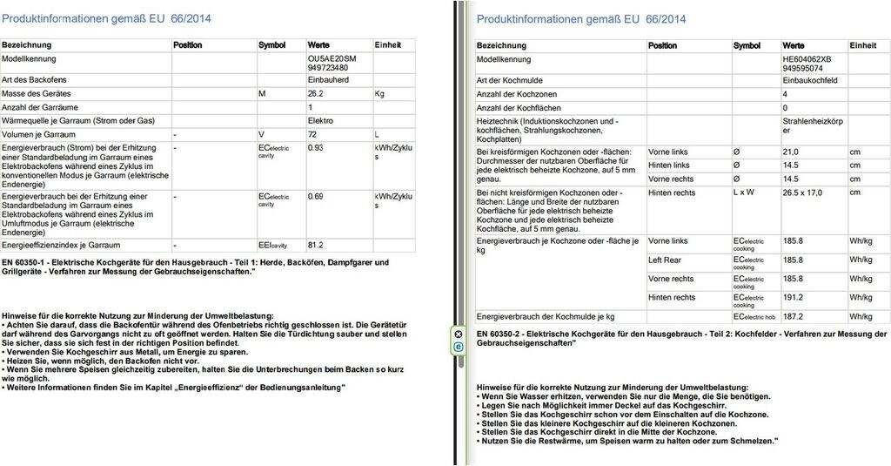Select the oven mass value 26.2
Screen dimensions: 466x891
coord(316,93)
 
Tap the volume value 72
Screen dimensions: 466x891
coord(313,134)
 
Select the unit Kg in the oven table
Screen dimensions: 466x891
coord(379,93)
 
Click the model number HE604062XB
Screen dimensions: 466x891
coord(807,58)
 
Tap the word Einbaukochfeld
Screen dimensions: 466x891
coord(811,80)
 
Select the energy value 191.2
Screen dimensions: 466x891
coord(793,298)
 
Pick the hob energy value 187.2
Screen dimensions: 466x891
coord(793,316)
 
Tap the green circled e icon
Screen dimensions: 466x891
coord(458,348)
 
